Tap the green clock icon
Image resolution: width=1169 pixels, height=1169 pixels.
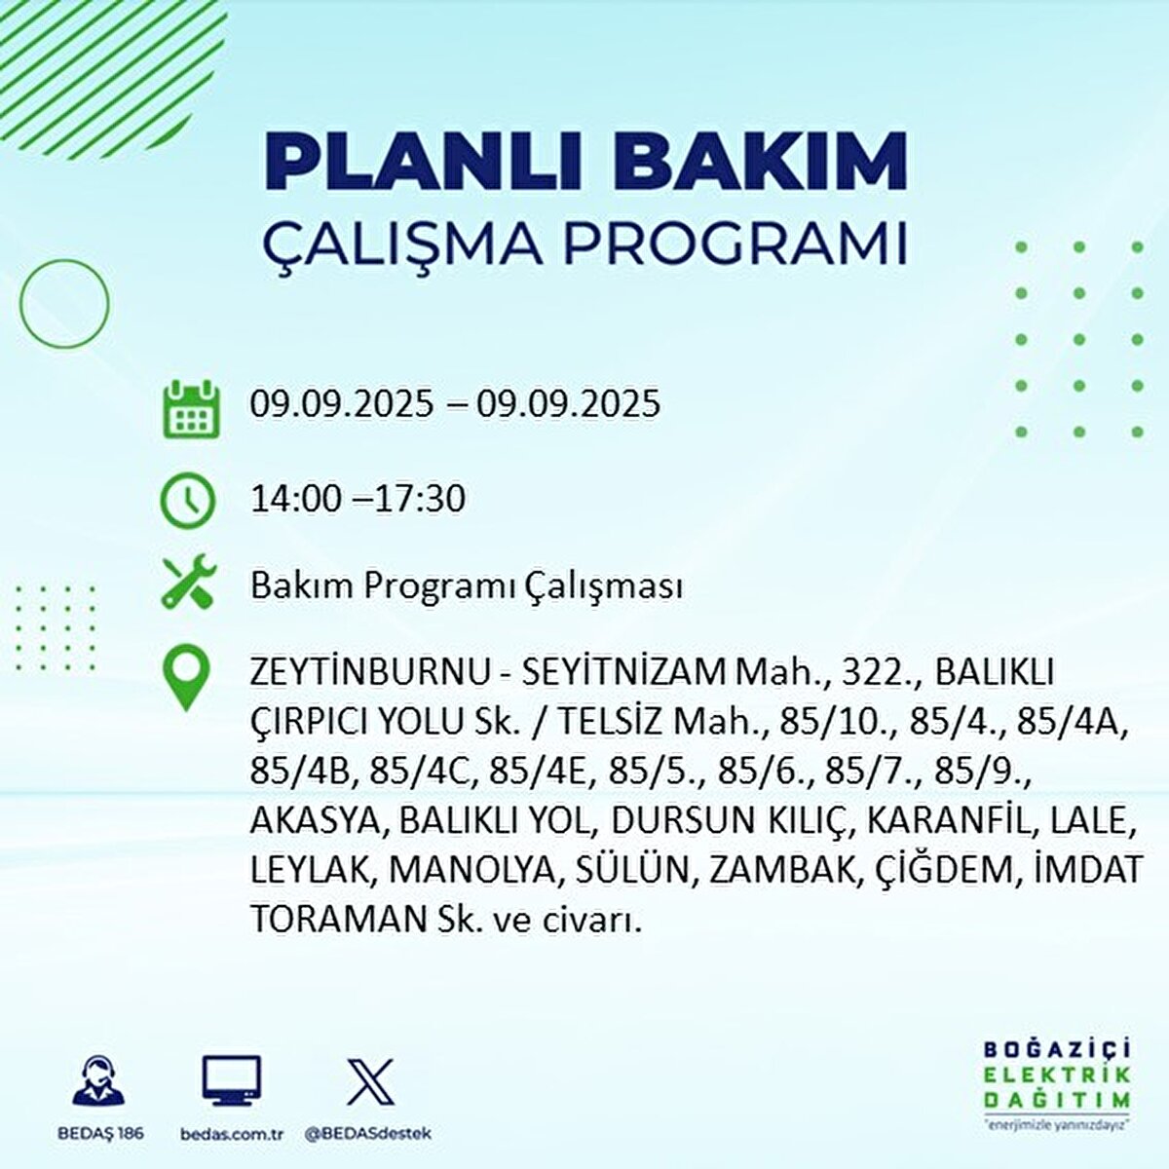(187, 501)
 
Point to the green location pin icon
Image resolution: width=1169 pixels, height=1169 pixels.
(187, 678)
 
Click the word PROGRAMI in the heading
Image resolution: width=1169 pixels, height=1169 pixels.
(735, 244)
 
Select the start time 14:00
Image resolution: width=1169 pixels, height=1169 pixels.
(296, 500)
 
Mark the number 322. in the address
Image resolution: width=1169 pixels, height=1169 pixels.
(841, 672)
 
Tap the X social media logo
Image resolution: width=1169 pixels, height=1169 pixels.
(370, 1081)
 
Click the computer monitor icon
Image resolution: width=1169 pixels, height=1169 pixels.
(232, 1082)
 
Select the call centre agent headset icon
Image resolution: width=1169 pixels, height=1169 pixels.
(98, 1082)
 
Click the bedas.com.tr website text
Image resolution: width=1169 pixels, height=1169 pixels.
(232, 1134)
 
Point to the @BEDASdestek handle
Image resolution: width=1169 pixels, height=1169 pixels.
(368, 1134)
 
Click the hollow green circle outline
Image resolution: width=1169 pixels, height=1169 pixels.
(64, 303)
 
